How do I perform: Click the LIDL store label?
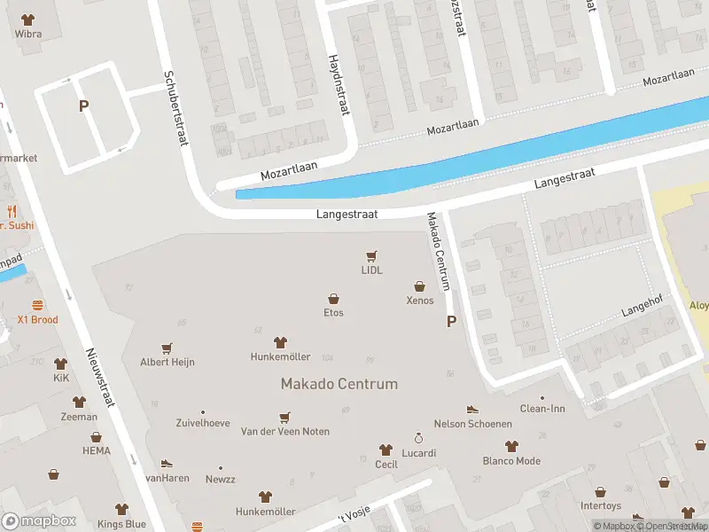(371, 270)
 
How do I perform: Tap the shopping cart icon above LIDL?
(371, 256)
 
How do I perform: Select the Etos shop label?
(333, 312)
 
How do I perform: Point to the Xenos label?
(420, 300)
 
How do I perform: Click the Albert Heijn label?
(167, 362)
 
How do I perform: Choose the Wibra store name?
(28, 35)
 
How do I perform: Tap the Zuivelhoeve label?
(203, 423)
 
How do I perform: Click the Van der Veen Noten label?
(285, 431)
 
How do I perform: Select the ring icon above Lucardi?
(419, 438)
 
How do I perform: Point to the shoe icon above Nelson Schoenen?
(472, 409)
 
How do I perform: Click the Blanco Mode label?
(510, 460)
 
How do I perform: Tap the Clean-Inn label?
(542, 409)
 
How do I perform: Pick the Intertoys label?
(600, 505)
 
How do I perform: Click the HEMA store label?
(97, 450)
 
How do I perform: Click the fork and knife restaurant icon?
(12, 211)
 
